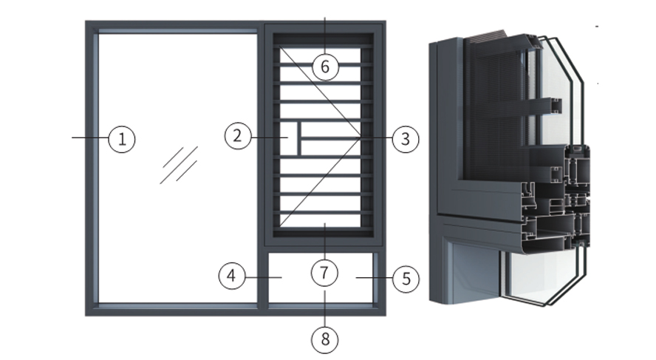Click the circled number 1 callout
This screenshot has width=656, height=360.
point(122,139)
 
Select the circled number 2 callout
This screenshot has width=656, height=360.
point(238,135)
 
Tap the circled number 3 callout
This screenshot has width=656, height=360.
point(406,139)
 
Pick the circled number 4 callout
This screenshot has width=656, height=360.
point(232,276)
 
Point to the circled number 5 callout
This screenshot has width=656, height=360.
point(406,279)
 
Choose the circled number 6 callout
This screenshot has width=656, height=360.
point(325,67)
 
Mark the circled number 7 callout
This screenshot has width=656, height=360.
point(324,273)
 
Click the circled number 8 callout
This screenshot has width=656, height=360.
point(325,339)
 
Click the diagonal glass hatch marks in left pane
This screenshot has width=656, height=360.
point(179,165)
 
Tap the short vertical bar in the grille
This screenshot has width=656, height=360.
point(298,138)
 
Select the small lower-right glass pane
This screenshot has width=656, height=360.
point(321,277)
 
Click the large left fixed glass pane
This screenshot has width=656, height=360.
point(178,168)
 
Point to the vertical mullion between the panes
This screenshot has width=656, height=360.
point(261,168)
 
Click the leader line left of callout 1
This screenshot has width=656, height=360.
point(90,137)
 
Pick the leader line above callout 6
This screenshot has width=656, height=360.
point(325,35)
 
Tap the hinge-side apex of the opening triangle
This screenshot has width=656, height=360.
point(361,137)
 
